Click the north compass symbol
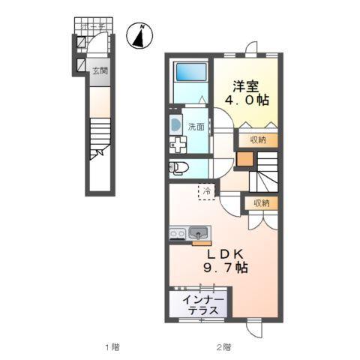pyautogui.click(x=139, y=34)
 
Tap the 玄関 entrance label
pyautogui.click(x=100, y=71)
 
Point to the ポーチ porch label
pyautogui.click(x=97, y=25)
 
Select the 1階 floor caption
pyautogui.click(x=112, y=347)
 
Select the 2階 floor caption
pyautogui.click(x=224, y=347)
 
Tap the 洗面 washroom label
pyautogui.click(x=196, y=127)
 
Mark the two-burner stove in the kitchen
pyautogui.click(x=178, y=233)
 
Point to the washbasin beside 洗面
pyautogui.click(x=175, y=125)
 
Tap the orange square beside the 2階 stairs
pyautogui.click(x=244, y=159)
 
